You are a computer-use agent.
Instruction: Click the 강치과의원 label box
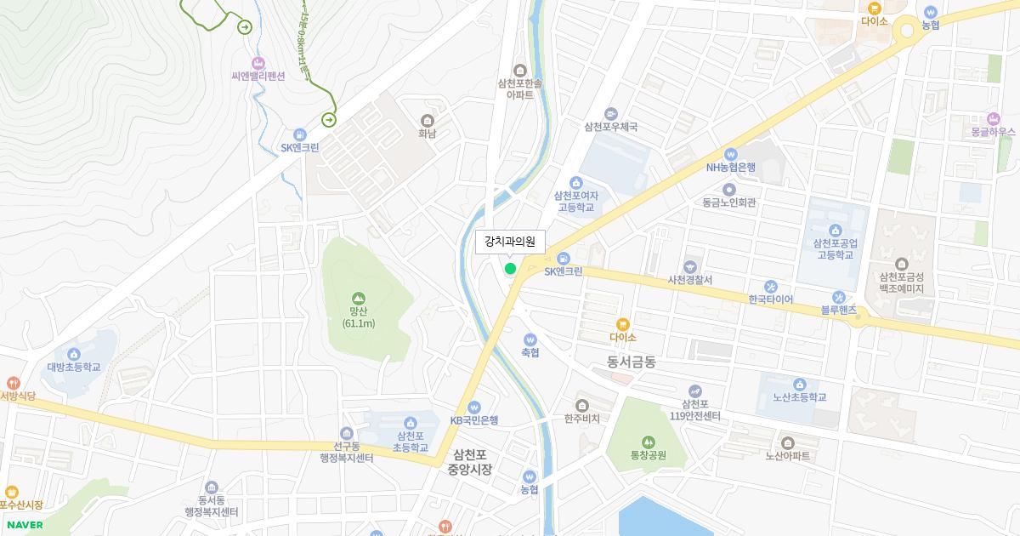[x=510, y=242]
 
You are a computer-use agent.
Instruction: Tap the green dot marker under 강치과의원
[x=510, y=269]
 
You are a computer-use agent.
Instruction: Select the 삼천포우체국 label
[x=610, y=127]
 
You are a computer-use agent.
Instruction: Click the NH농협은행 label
[x=730, y=167]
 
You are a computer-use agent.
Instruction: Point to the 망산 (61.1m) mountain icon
[x=358, y=299]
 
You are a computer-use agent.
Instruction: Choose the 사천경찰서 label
[x=689, y=280]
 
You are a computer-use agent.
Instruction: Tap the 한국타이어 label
[x=771, y=299]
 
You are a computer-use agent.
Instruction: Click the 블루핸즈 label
[x=838, y=311]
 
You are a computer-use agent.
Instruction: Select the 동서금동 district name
[x=632, y=362]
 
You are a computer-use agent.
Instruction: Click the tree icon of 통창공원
[x=649, y=442]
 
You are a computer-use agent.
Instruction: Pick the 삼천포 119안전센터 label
[x=695, y=409]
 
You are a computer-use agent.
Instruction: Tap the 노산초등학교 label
[x=799, y=397]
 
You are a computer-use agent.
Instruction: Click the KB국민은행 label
[x=474, y=420]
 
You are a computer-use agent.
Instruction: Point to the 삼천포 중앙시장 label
[x=469, y=461]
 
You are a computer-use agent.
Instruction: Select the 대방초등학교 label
[x=74, y=368]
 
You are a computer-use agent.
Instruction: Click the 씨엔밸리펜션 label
[x=258, y=76]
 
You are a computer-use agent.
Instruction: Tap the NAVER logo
[x=25, y=524]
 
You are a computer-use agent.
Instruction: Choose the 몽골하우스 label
[x=993, y=132]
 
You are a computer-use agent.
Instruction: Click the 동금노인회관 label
[x=729, y=202]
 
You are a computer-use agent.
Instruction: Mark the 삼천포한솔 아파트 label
[x=520, y=88]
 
